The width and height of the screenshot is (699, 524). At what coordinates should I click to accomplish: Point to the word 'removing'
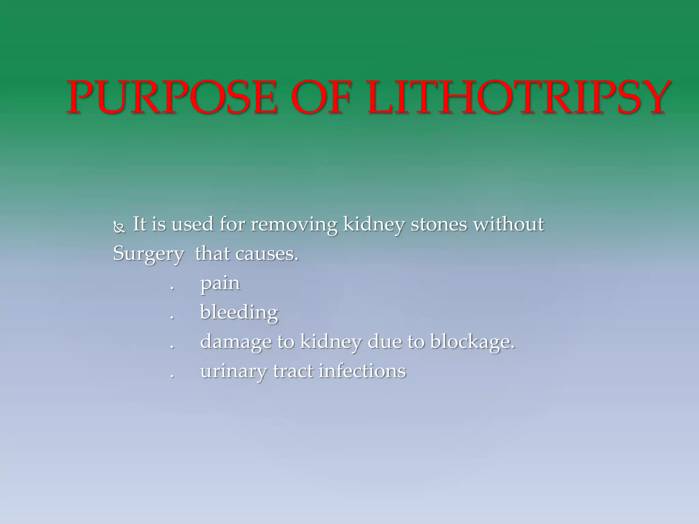pos(294,225)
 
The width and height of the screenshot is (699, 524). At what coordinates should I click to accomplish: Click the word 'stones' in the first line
pos(439,224)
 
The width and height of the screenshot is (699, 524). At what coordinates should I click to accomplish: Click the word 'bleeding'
pos(239,313)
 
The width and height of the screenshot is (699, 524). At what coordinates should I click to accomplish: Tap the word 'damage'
pos(236,343)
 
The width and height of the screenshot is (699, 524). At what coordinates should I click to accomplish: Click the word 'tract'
pos(293,371)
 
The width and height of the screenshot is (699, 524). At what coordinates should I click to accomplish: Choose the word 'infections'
pos(362,371)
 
